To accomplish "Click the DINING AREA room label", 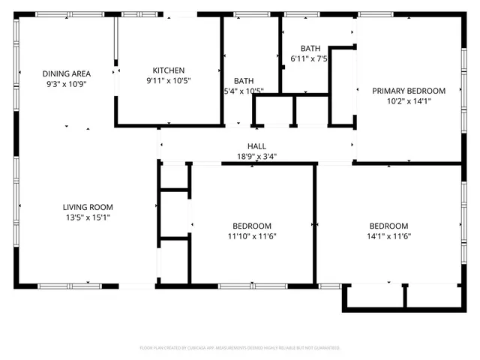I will tap(67, 73).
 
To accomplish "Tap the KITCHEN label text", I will tap(169, 70).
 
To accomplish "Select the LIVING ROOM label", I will tap(87, 207).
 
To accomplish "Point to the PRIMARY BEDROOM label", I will tap(409, 91).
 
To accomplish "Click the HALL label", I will tap(256, 146).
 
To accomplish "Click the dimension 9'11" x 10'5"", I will tap(169, 81).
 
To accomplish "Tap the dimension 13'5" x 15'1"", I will tap(87, 217).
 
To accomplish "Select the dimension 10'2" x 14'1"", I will tap(409, 101).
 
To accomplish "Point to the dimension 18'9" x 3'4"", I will tap(256, 157).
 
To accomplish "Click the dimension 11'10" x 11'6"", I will tap(251, 236).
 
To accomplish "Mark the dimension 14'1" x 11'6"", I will tap(388, 236).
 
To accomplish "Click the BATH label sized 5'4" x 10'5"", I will tap(244, 81).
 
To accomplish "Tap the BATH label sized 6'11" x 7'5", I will tap(310, 48).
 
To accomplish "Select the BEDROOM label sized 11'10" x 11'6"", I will tap(251, 226).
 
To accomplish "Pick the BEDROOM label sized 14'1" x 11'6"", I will tap(388, 226).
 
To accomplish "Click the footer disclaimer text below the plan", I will tap(240, 348).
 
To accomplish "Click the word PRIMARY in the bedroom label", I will tap(391, 91).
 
